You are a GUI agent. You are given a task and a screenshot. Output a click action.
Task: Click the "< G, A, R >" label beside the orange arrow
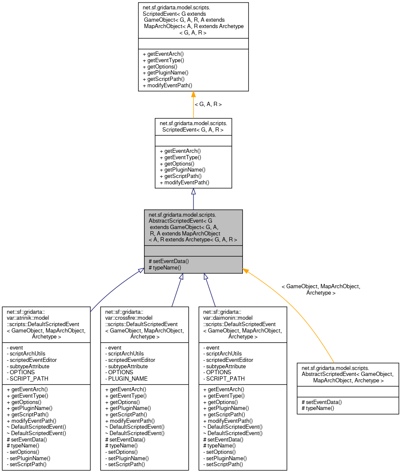208,104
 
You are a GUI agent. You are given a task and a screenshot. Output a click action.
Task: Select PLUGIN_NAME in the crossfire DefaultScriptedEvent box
128,378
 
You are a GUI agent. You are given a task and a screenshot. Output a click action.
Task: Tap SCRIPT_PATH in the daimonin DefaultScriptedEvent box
225,378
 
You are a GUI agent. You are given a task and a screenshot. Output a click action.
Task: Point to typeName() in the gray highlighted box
164,268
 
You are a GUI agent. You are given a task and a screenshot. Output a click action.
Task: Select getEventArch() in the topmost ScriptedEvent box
163,54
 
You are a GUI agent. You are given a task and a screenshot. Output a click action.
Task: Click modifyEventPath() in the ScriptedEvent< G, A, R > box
184,183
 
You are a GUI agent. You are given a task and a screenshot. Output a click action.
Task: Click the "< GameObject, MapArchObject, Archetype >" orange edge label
321,290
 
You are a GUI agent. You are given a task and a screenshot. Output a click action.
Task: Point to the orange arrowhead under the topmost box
193,95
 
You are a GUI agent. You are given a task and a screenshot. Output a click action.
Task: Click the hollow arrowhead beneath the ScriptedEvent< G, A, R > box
193,192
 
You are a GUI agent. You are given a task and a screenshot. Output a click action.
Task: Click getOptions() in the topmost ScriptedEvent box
160,67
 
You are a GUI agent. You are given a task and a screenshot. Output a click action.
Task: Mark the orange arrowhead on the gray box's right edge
246,270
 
